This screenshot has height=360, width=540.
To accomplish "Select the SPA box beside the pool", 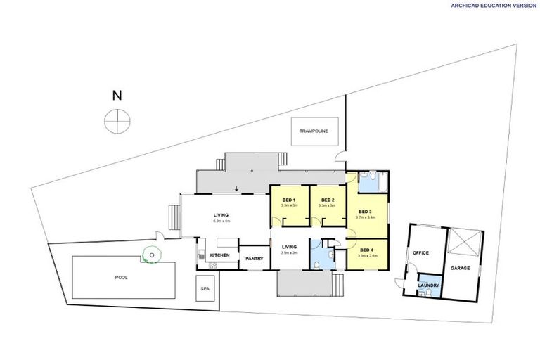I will coord(205,288).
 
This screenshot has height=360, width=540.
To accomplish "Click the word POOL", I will coord(122,277).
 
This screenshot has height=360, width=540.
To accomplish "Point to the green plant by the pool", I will coord(150,255).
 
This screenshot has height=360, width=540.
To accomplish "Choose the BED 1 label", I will coord(289,200).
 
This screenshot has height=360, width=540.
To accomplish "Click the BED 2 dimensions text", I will coord(326,206).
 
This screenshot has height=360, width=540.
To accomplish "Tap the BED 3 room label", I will coord(365,212).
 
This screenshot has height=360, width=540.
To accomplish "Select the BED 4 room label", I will coord(366,250).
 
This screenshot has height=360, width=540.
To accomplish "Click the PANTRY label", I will coord(255,258).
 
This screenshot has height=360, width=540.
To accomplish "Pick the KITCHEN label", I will coord(220,255).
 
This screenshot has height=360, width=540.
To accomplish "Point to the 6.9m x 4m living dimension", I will coord(221,221).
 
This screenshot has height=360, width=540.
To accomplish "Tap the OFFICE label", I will coord(421,252).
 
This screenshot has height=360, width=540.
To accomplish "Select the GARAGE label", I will coord(460,268).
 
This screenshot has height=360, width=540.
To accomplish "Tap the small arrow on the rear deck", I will coord(237,188).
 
